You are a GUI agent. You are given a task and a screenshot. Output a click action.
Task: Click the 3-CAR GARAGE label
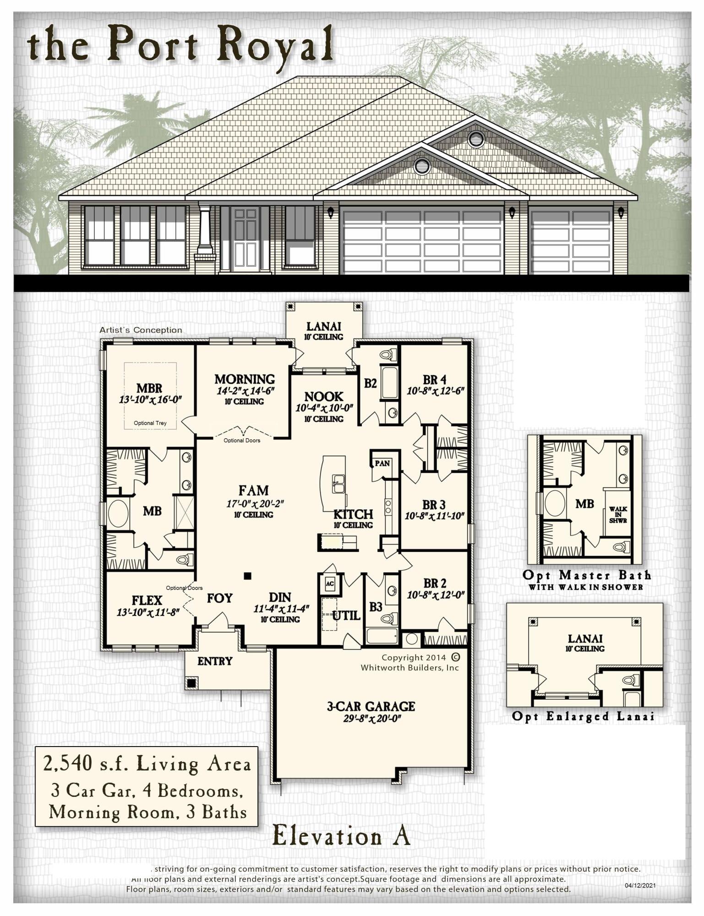point(371,706)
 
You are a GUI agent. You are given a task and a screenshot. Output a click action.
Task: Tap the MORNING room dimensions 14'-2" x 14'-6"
point(245,391)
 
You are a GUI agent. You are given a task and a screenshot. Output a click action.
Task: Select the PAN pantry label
point(382,463)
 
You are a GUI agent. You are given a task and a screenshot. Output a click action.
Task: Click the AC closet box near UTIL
point(330,583)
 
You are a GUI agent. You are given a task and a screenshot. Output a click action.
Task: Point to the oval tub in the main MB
point(118,513)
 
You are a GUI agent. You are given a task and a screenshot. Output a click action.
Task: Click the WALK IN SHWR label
point(618,515)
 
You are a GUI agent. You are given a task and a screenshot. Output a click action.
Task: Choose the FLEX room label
point(147,600)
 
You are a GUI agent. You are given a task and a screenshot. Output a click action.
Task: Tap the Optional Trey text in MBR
point(150,423)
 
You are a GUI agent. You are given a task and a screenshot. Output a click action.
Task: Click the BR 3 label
point(434,505)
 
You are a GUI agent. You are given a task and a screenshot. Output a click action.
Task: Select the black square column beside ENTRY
point(191,683)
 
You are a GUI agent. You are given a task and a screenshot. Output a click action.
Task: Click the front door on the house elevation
point(246,238)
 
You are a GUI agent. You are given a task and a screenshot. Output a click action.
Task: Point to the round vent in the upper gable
point(476,139)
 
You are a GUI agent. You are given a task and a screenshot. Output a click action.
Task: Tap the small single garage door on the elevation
point(571,241)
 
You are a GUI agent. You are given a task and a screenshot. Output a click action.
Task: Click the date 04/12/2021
point(640,885)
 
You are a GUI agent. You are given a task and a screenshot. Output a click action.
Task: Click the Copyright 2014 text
point(414,657)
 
